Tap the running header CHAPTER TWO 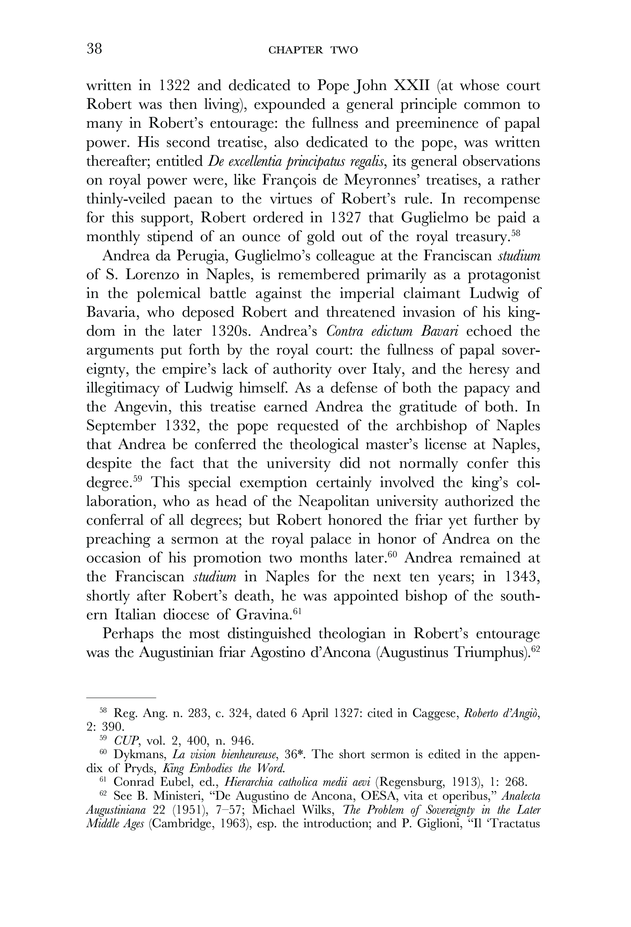pyautogui.click(x=313, y=50)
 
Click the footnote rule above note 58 pyautogui.click(x=120, y=698)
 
